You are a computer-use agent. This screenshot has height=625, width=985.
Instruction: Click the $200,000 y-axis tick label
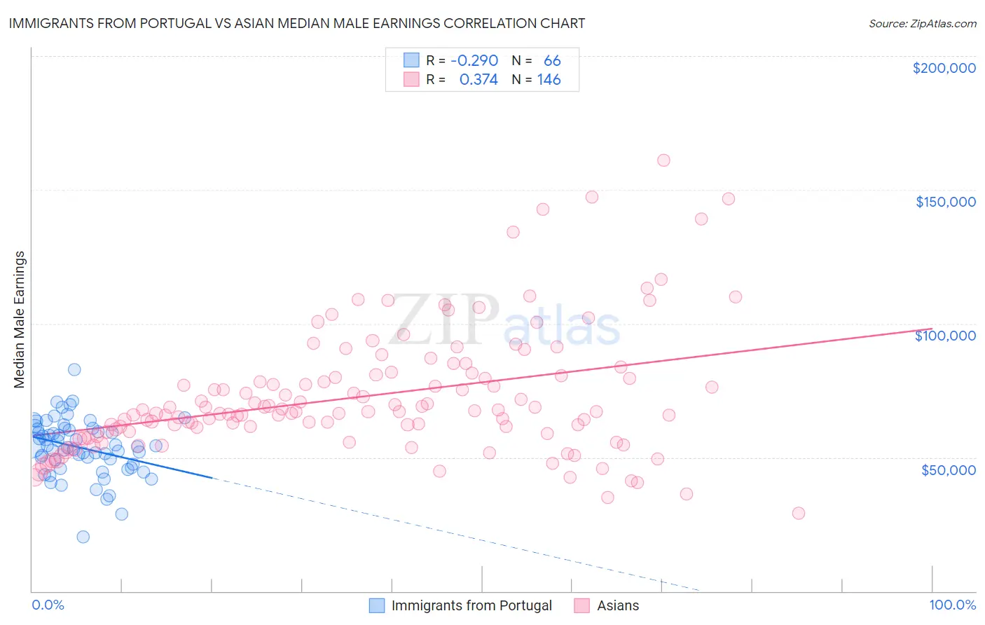(x=944, y=68)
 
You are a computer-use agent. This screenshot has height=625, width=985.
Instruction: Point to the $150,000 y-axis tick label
(x=945, y=202)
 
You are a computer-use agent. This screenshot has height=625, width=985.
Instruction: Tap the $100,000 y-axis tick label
(x=945, y=336)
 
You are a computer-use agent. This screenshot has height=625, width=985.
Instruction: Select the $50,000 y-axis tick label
(x=948, y=469)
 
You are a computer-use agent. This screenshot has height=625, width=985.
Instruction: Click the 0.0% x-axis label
(x=48, y=605)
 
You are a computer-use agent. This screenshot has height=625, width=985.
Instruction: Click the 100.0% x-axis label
(x=952, y=605)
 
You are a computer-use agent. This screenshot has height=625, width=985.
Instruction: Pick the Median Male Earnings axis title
(x=19, y=320)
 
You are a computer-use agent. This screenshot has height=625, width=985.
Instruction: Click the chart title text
(x=297, y=23)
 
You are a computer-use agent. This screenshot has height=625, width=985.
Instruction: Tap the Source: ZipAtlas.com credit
(x=922, y=23)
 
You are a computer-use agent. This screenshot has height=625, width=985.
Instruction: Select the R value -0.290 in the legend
(x=474, y=60)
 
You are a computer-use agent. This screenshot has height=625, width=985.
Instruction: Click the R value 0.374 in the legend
(x=478, y=79)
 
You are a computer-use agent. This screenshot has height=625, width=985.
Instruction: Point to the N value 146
(x=549, y=79)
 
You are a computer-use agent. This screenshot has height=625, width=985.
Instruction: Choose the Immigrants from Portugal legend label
(x=471, y=605)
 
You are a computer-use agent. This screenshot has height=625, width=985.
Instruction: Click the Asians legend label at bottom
(x=618, y=605)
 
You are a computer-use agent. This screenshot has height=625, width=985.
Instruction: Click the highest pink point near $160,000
(x=663, y=160)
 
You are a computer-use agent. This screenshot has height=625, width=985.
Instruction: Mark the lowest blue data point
(x=83, y=537)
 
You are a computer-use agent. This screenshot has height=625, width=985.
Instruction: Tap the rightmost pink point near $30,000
(x=798, y=513)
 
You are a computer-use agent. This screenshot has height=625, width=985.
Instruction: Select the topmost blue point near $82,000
(x=74, y=369)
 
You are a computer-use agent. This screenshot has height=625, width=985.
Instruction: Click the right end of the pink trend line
(x=931, y=329)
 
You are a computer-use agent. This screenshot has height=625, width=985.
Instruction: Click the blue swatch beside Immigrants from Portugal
(x=377, y=605)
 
